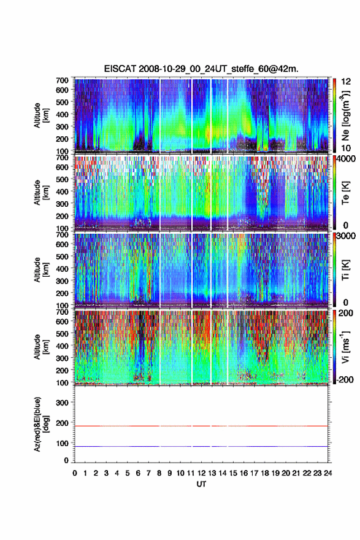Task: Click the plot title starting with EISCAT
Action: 201,69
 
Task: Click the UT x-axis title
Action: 201,484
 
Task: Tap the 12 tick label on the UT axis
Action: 201,473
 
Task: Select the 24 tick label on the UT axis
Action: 327,473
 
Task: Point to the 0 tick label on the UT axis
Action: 75,473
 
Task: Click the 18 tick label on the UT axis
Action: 265,473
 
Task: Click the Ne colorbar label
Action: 345,116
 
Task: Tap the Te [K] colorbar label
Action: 345,193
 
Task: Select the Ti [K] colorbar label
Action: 345,271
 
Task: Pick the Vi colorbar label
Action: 345,347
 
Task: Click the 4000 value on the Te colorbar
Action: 346,159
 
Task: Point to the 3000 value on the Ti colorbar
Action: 346,236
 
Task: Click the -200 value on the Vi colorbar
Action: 343,379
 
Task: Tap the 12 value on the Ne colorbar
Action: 346,82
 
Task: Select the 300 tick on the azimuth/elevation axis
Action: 63,403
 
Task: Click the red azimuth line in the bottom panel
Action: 201,426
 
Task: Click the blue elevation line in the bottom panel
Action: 201,446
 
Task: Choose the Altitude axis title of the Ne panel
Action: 41,115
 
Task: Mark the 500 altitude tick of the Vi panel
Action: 63,333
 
